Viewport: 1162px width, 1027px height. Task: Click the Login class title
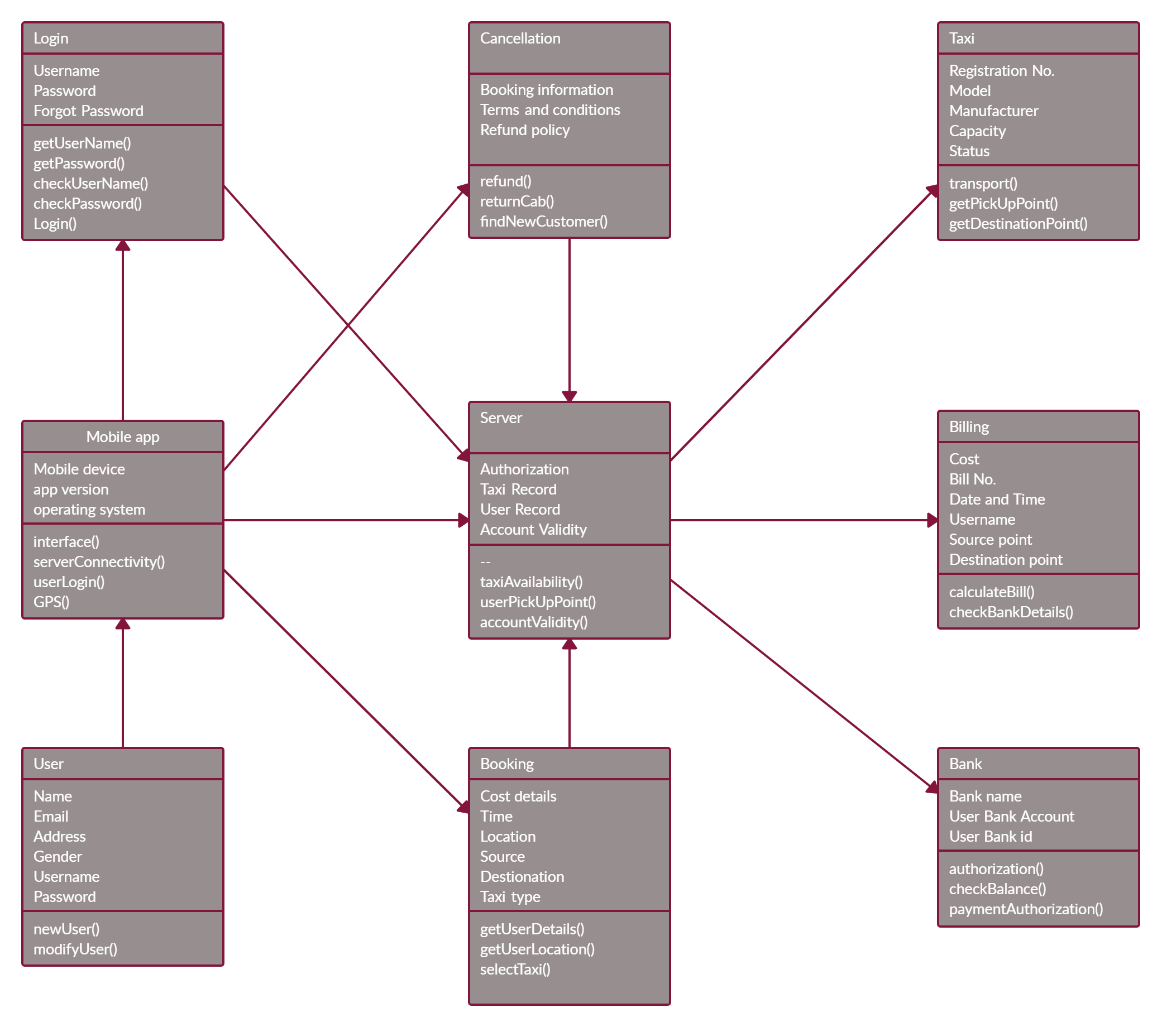tap(51, 39)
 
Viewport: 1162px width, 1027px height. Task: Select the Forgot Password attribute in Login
tap(88, 111)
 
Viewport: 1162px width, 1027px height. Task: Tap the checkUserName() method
tap(90, 184)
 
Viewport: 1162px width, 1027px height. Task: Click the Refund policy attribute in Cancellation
tap(525, 130)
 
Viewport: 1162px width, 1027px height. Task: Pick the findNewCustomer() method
tap(543, 222)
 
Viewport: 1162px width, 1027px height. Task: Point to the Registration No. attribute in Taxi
tap(1001, 71)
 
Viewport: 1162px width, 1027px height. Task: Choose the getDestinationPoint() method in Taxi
tap(1017, 224)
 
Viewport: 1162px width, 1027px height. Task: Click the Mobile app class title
tap(123, 437)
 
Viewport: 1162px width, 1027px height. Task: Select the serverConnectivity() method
tap(99, 562)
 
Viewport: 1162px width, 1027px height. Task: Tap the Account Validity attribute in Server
tap(533, 530)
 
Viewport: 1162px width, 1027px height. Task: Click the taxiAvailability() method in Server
tap(531, 582)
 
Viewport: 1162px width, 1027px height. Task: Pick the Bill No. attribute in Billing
tap(972, 479)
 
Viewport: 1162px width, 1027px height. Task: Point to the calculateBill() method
tap(992, 592)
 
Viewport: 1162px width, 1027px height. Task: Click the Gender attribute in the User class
tap(58, 857)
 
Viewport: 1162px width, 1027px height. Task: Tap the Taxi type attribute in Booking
tap(510, 897)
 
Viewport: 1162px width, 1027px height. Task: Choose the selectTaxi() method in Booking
tap(515, 969)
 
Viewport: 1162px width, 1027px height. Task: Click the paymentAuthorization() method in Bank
tap(1026, 909)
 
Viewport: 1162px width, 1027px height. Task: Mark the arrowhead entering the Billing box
tap(932, 520)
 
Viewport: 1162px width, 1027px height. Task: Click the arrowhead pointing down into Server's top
tap(569, 396)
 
